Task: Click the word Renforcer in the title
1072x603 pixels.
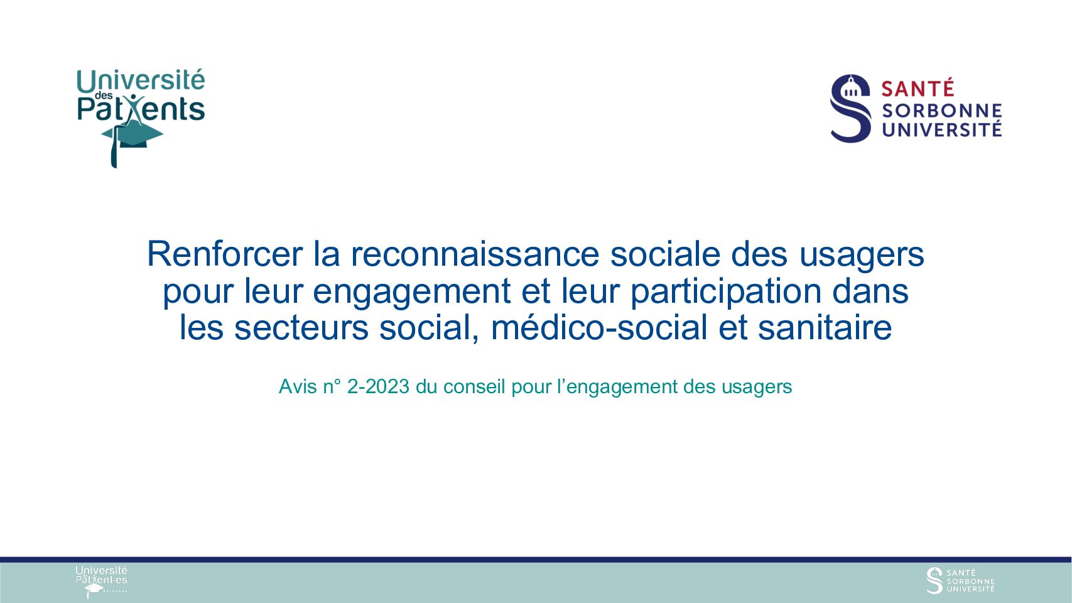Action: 224,254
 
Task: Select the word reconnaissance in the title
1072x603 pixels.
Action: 475,254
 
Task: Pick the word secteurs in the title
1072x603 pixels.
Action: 301,328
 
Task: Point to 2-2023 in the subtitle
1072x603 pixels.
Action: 378,387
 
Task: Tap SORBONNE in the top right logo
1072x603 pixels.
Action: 942,111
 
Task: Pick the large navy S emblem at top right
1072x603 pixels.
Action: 850,108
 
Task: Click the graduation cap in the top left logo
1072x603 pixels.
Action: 133,136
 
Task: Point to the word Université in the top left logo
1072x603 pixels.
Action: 141,81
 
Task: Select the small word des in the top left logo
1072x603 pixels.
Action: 104,95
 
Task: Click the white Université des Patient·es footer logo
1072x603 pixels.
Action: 102,582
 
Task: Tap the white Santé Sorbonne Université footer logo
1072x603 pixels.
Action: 960,580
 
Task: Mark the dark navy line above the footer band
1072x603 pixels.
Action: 536,560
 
